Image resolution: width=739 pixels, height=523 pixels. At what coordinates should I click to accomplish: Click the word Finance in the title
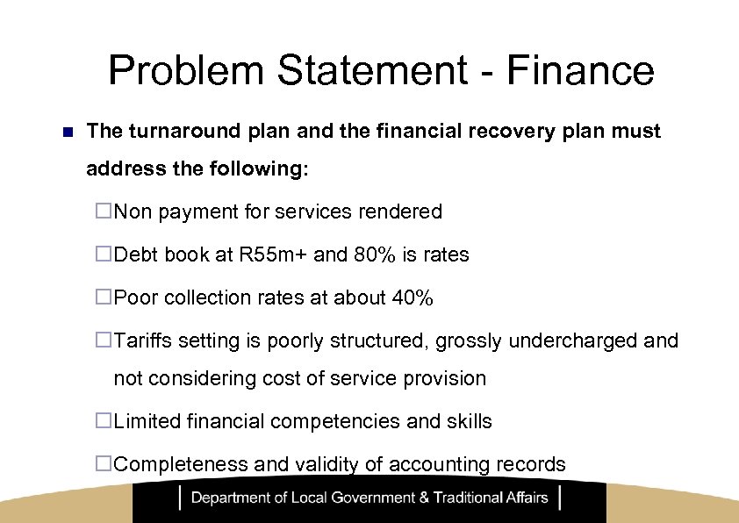point(580,70)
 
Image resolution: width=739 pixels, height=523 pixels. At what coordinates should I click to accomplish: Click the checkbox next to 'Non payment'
point(104,211)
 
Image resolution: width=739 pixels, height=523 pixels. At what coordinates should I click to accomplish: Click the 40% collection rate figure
point(413,298)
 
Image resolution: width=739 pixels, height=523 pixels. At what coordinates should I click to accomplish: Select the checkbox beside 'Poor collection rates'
point(104,298)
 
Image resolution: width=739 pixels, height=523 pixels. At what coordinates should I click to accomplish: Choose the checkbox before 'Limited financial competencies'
point(104,421)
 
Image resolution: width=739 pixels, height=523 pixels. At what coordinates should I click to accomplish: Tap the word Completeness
point(181,465)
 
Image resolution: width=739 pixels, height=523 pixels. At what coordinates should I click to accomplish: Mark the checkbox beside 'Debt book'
point(104,255)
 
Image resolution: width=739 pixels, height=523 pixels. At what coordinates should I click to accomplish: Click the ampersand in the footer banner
point(425,498)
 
